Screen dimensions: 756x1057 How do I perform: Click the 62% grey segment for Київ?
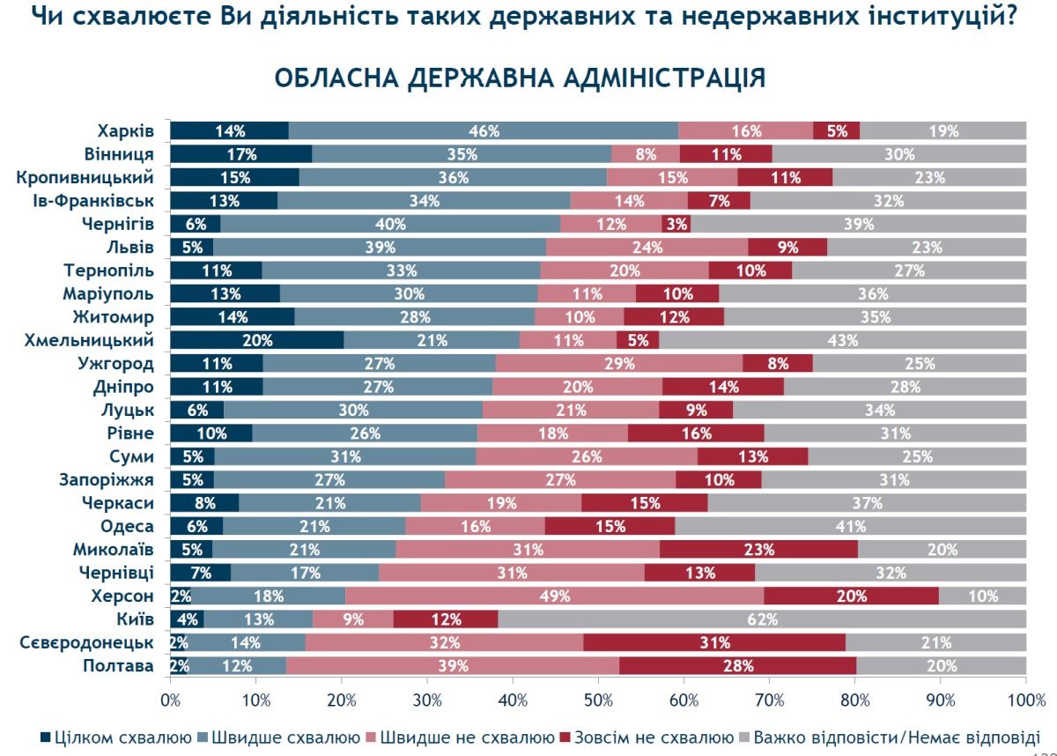(x=762, y=619)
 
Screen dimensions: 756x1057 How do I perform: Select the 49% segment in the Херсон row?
(x=555, y=596)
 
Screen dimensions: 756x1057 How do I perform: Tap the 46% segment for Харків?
(x=484, y=130)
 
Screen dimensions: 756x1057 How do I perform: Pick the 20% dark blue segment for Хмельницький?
(x=257, y=340)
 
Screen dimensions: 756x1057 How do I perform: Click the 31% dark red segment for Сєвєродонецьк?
(x=714, y=642)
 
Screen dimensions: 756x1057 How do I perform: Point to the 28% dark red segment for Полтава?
(x=738, y=665)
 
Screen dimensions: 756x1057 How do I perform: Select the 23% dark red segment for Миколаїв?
(x=758, y=549)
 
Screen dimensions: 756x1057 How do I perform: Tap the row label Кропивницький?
(x=85, y=177)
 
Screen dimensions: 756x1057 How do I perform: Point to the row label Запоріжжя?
(x=108, y=479)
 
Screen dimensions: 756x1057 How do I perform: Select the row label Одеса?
(x=129, y=526)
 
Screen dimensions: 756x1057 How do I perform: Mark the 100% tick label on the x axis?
(x=1025, y=700)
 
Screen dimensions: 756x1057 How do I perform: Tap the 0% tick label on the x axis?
(x=170, y=700)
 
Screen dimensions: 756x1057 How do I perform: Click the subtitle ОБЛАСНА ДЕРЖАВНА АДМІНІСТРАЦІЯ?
(x=520, y=77)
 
